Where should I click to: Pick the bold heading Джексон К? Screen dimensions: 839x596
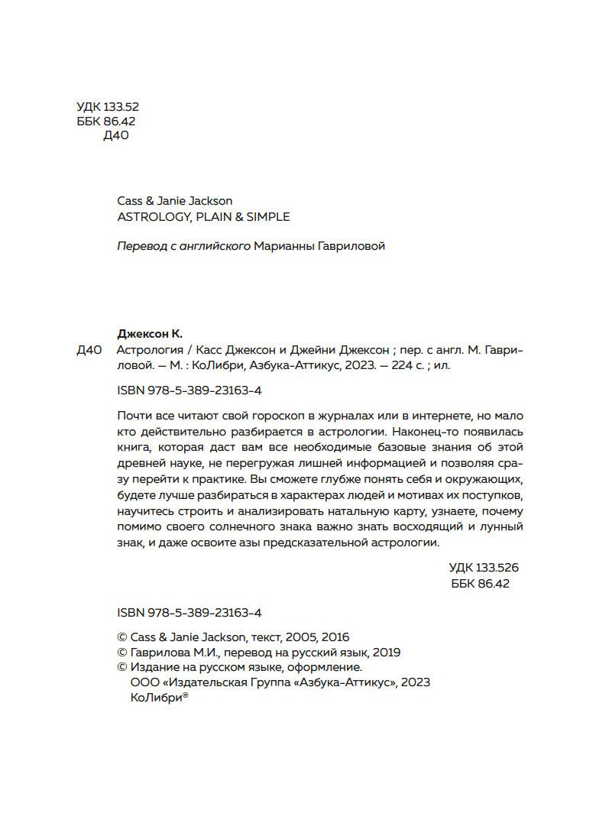click(150, 332)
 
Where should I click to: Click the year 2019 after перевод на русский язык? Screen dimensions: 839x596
click(386, 653)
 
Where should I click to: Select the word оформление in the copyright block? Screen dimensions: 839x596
click(317, 667)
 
